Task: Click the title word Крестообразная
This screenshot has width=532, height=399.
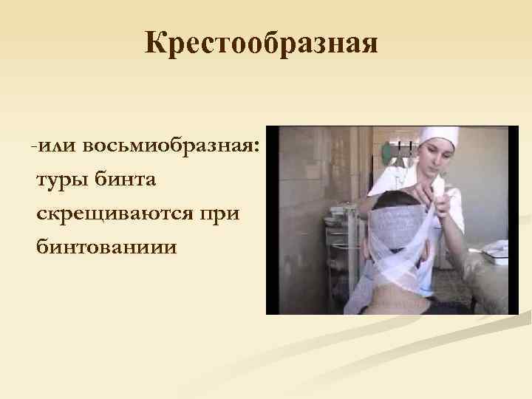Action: pyautogui.click(x=261, y=44)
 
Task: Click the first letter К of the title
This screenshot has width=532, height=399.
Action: pyautogui.click(x=155, y=44)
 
